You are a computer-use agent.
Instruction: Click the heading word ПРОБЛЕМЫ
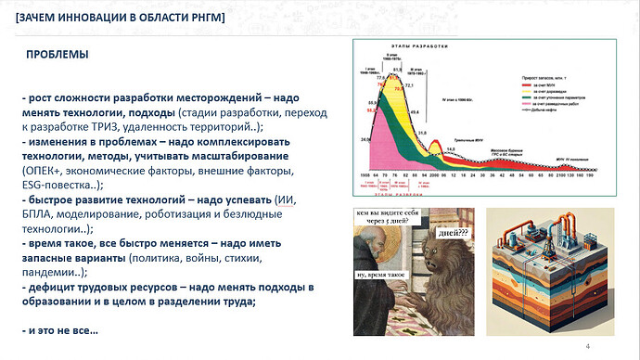58,56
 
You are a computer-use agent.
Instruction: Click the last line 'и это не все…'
59,330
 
